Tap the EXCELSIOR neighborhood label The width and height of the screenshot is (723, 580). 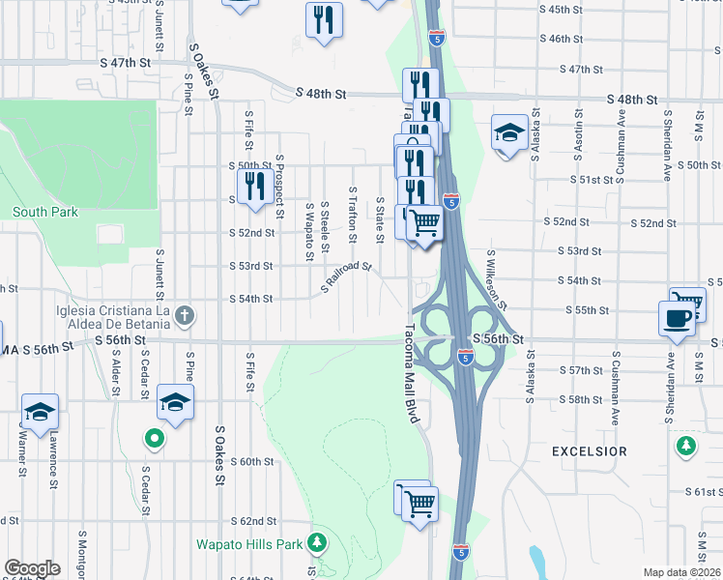click(x=589, y=451)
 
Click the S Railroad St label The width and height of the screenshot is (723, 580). click(x=346, y=276)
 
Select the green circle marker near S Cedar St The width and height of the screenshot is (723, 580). click(x=154, y=440)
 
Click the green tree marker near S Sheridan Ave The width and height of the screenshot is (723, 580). click(x=686, y=446)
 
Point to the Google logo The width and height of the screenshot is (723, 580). click(x=33, y=568)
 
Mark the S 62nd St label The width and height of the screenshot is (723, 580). click(x=258, y=520)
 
